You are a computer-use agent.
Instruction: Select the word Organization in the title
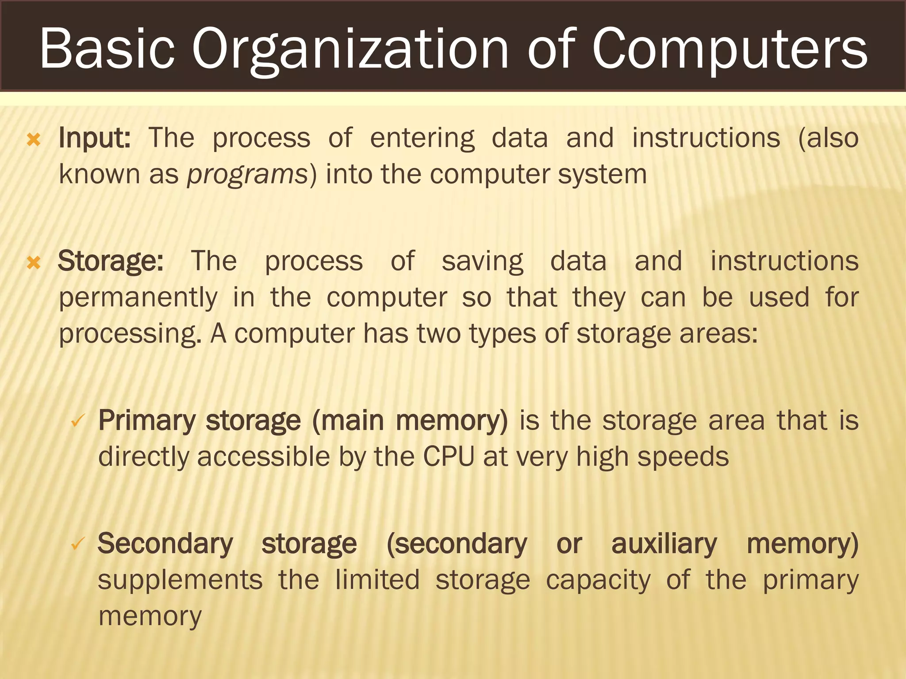[x=349, y=50]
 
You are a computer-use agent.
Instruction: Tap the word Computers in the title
[x=729, y=50]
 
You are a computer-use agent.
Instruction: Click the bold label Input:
[x=95, y=138]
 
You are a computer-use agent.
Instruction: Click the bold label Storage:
[x=111, y=261]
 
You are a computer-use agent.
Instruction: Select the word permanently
[x=138, y=298]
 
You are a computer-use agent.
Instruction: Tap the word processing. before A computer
[x=130, y=334]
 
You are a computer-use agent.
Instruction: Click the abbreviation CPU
[x=449, y=456]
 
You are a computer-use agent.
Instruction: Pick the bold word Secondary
[x=165, y=544]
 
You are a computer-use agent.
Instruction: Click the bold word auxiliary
[x=664, y=544]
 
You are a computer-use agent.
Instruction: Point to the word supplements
[x=180, y=580]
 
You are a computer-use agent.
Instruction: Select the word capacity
[x=598, y=581]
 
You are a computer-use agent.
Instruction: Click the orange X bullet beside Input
[x=34, y=140]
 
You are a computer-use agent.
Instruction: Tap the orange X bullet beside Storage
[x=34, y=263]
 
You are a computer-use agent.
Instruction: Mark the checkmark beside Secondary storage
[x=78, y=544]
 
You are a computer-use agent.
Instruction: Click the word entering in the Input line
[x=422, y=139]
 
